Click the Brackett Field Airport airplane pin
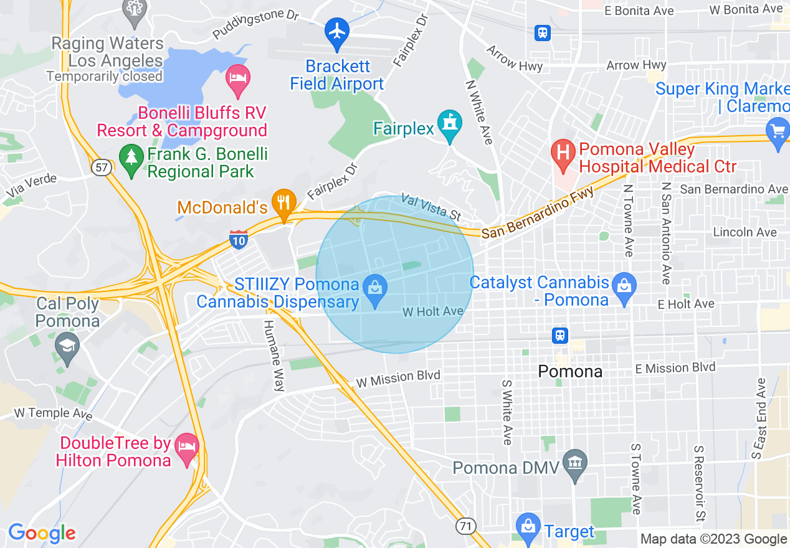point(337,32)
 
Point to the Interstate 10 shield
point(239,239)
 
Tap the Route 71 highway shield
point(465,526)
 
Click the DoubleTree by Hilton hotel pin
point(187,448)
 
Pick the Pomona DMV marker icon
point(574,463)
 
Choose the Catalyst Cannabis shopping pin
point(624,287)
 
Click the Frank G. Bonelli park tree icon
point(131,158)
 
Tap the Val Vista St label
point(431,207)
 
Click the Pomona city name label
point(569,372)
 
